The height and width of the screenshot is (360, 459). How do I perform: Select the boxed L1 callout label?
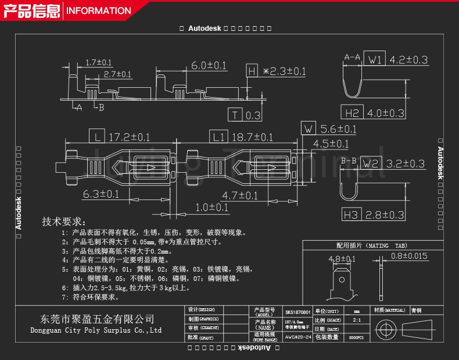[218, 137]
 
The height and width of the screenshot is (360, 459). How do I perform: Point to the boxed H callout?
[252, 71]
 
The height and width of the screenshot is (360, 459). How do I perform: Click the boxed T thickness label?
[235, 115]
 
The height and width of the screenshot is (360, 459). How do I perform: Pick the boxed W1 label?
[375, 59]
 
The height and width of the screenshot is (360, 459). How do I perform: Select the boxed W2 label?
[370, 163]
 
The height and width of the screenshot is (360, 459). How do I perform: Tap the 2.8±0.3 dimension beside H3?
[384, 215]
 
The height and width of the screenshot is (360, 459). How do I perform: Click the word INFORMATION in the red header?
[98, 10]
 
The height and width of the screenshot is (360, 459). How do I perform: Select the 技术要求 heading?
[64, 222]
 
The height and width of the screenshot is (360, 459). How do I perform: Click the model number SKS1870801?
[297, 312]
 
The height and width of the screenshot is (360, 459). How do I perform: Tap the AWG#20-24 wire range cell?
[298, 337]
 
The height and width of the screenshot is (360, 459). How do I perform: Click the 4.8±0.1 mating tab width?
[342, 259]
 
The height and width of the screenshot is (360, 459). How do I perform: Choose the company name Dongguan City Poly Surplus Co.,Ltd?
[96, 330]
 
